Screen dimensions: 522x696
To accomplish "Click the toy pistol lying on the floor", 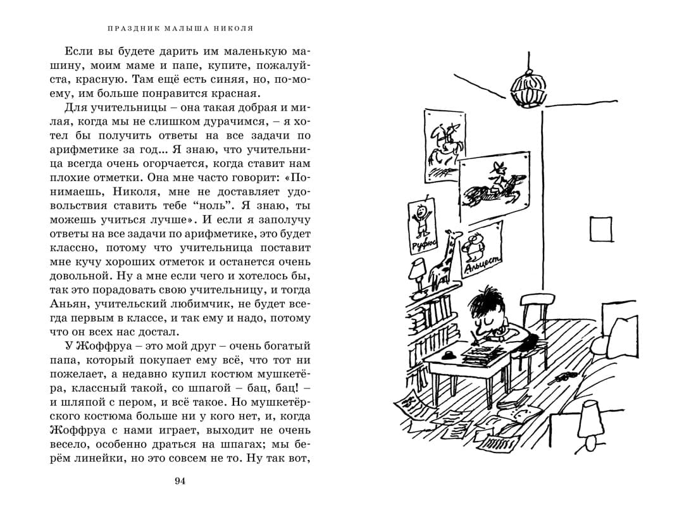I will [x=561, y=378].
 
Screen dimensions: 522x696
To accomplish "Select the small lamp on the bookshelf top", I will [x=418, y=275].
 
